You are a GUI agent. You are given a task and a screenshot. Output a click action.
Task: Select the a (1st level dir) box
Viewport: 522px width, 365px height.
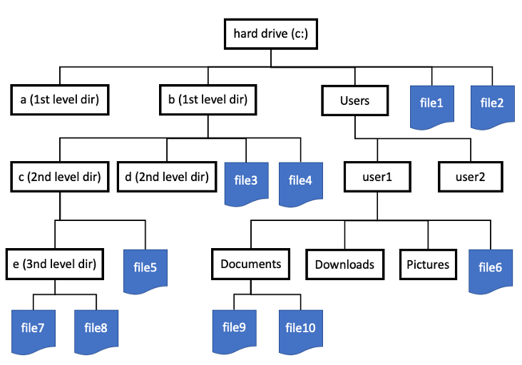point(60,101)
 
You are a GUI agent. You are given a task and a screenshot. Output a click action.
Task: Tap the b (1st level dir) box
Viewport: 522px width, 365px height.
point(208,101)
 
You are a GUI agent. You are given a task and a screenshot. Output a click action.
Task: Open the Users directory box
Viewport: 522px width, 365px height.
point(354,101)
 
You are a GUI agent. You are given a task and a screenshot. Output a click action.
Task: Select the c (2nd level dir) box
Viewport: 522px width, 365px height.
point(59,177)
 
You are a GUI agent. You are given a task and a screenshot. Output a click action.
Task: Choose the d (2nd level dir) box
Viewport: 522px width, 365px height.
point(166,177)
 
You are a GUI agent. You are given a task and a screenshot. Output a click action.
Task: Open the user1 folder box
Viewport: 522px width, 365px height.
point(378,177)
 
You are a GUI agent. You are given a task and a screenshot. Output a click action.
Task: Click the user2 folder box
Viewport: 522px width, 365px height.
point(470,177)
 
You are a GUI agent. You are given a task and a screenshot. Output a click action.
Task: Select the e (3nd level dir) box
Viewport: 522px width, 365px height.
point(54,264)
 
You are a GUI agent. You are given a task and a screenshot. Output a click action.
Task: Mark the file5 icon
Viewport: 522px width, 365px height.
point(145,271)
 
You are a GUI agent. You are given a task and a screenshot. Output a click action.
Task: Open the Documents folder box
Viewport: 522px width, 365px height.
point(251,264)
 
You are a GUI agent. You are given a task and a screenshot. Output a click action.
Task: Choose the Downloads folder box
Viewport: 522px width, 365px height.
point(344,264)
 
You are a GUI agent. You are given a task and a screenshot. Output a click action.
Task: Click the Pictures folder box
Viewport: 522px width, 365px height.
point(428,264)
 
